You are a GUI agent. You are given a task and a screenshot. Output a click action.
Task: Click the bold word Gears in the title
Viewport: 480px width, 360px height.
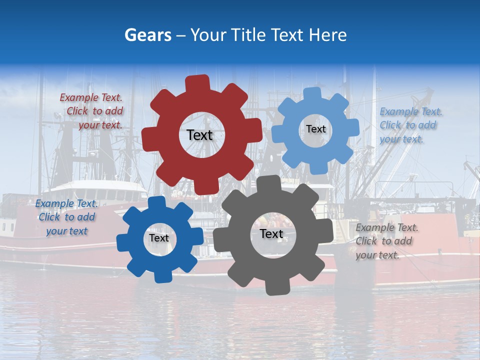[147, 35]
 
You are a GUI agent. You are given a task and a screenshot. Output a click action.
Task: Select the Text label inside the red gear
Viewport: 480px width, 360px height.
[199, 135]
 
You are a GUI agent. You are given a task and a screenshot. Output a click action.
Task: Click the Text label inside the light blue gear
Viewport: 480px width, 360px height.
[315, 129]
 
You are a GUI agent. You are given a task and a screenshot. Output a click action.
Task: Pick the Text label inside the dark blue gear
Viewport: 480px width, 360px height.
[159, 238]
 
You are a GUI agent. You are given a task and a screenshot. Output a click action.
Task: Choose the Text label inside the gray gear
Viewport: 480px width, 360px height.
[271, 233]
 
